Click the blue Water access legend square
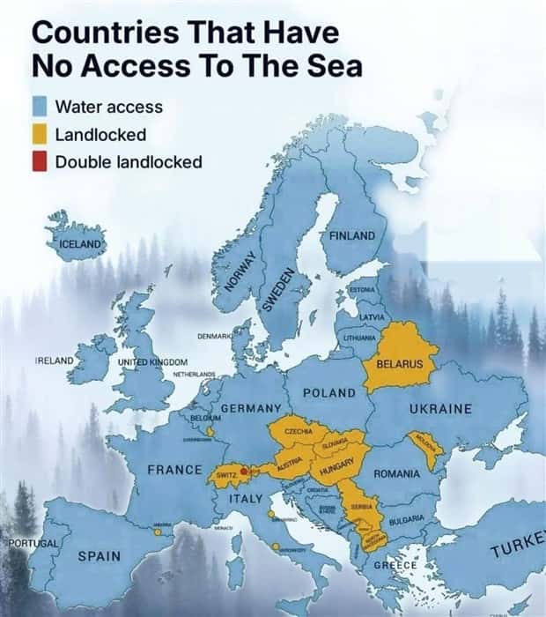point(39,108)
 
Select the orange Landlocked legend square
point(39,135)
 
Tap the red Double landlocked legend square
point(39,162)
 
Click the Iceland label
point(81,243)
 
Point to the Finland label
point(352,235)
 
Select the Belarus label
point(400,364)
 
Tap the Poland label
point(328,392)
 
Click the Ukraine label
point(440,409)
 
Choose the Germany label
point(250,409)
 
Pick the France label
point(174,470)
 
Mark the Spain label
point(99,556)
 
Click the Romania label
point(396,474)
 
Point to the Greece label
point(395,564)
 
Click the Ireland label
point(54,361)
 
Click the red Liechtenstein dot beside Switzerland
point(244,472)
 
